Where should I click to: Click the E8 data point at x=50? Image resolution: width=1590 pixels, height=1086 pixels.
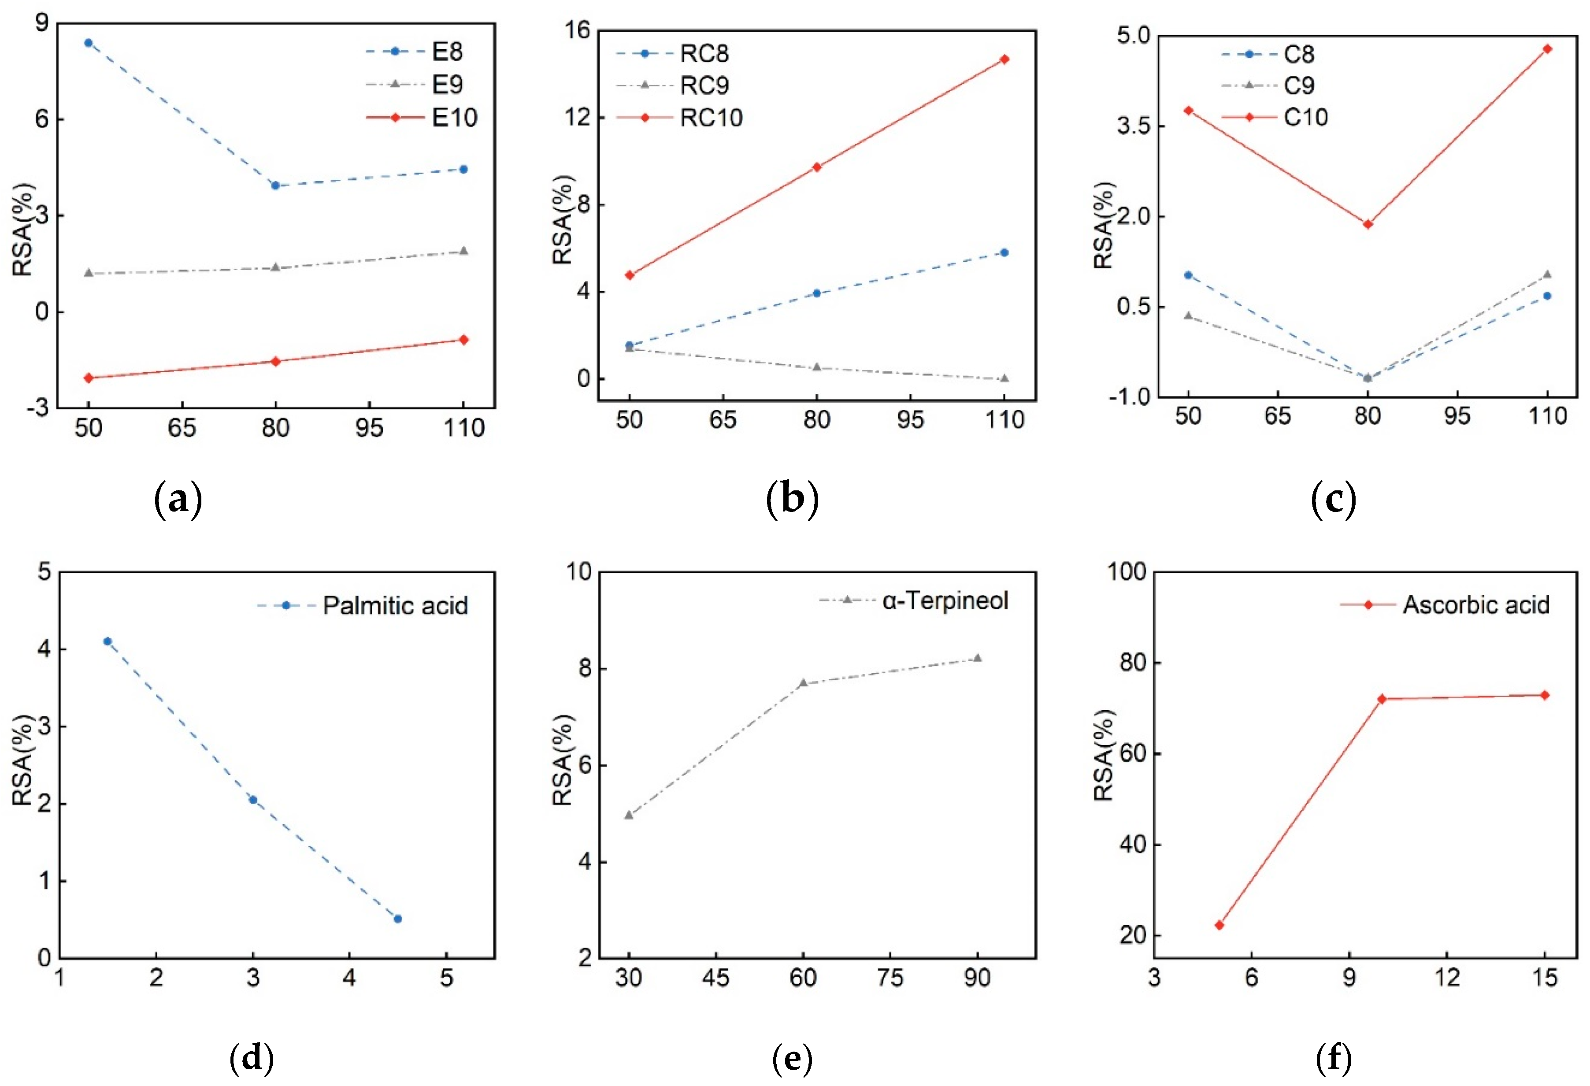click(88, 42)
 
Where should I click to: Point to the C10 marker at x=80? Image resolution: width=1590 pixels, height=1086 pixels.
click(1368, 224)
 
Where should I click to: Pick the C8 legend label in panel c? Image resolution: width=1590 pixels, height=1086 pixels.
click(1298, 54)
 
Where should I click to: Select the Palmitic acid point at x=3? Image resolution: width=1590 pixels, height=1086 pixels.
click(253, 799)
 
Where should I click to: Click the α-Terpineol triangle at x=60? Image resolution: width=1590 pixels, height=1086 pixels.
click(803, 683)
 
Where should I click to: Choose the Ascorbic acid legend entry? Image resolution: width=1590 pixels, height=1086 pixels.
click(1476, 605)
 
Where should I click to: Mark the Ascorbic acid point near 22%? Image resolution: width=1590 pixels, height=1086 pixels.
click(1219, 925)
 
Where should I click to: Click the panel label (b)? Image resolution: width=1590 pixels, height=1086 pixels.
click(792, 500)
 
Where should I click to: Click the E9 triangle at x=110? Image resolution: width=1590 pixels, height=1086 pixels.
click(463, 251)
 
